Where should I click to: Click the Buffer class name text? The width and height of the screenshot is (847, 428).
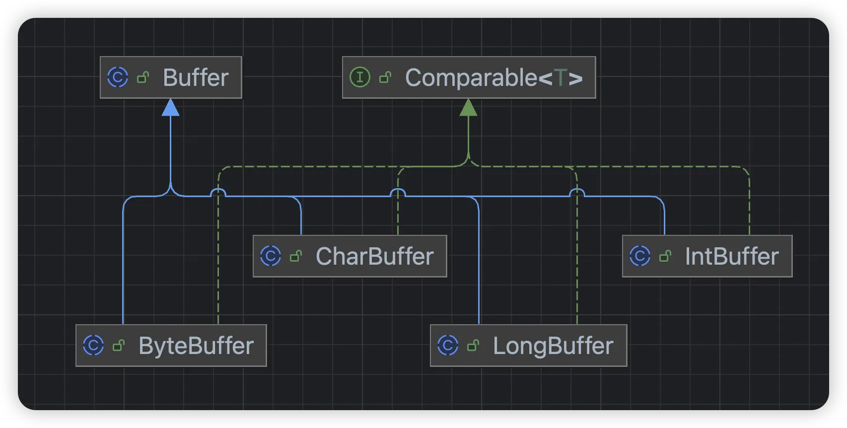tap(196, 77)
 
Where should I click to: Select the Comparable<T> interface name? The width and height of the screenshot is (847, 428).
tap(494, 77)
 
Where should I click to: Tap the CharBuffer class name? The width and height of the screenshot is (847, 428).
tap(375, 256)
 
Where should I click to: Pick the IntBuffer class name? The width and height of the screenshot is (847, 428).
tap(731, 256)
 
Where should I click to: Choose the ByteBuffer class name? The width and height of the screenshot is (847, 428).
tap(196, 346)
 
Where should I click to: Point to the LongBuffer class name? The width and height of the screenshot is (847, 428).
tap(553, 346)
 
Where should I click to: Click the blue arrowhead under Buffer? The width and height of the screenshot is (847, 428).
tap(170, 107)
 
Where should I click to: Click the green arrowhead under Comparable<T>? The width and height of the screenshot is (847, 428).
tap(468, 107)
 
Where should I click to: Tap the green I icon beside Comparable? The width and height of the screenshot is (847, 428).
tap(360, 77)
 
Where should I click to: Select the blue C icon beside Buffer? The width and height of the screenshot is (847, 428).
tap(118, 77)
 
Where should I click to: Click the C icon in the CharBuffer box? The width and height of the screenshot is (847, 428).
tap(271, 256)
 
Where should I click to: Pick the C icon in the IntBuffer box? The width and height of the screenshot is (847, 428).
tap(640, 256)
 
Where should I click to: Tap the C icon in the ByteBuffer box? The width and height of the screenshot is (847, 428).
tap(93, 345)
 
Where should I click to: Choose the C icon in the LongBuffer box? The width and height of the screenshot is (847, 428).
tap(448, 345)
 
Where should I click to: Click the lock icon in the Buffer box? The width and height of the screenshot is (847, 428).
tap(143, 77)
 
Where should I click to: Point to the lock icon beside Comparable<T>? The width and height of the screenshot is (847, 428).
tap(385, 77)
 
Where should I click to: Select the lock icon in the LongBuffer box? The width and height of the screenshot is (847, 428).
tap(473, 345)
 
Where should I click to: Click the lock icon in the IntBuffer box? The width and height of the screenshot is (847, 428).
tap(665, 256)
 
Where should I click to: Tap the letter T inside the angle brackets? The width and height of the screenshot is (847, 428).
tap(561, 78)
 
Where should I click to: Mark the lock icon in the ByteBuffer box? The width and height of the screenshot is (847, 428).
tap(119, 345)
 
